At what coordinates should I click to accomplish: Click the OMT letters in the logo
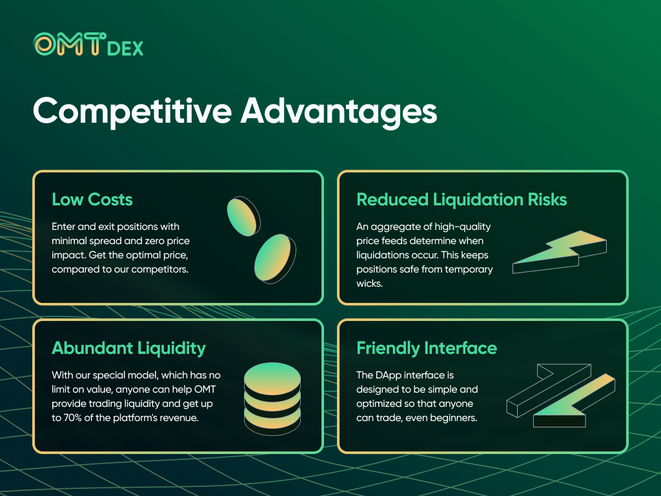tap(70, 44)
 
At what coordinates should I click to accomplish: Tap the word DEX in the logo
tap(125, 49)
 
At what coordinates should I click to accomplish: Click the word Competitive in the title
tap(132, 111)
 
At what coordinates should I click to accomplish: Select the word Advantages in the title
tap(338, 111)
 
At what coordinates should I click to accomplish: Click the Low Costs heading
tap(92, 200)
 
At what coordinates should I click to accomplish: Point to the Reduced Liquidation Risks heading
tap(462, 200)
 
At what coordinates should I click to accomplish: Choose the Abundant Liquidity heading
tap(128, 348)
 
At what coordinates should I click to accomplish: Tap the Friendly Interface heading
tap(427, 348)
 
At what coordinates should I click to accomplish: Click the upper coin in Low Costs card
tap(243, 216)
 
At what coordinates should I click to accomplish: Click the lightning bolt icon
tap(560, 252)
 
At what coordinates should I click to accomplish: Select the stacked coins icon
tap(272, 398)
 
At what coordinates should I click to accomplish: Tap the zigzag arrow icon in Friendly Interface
tap(561, 396)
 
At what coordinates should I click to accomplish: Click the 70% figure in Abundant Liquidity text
tap(72, 418)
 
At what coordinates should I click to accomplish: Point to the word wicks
tap(370, 284)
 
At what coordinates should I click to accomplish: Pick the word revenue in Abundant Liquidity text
tap(181, 418)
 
